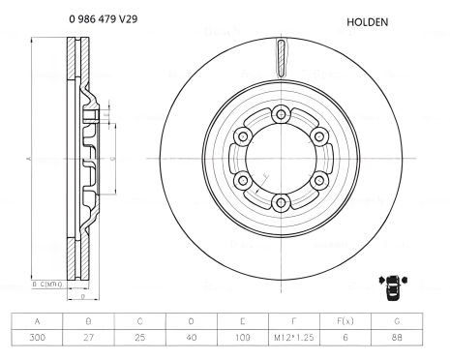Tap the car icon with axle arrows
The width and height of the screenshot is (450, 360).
point(394,285)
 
